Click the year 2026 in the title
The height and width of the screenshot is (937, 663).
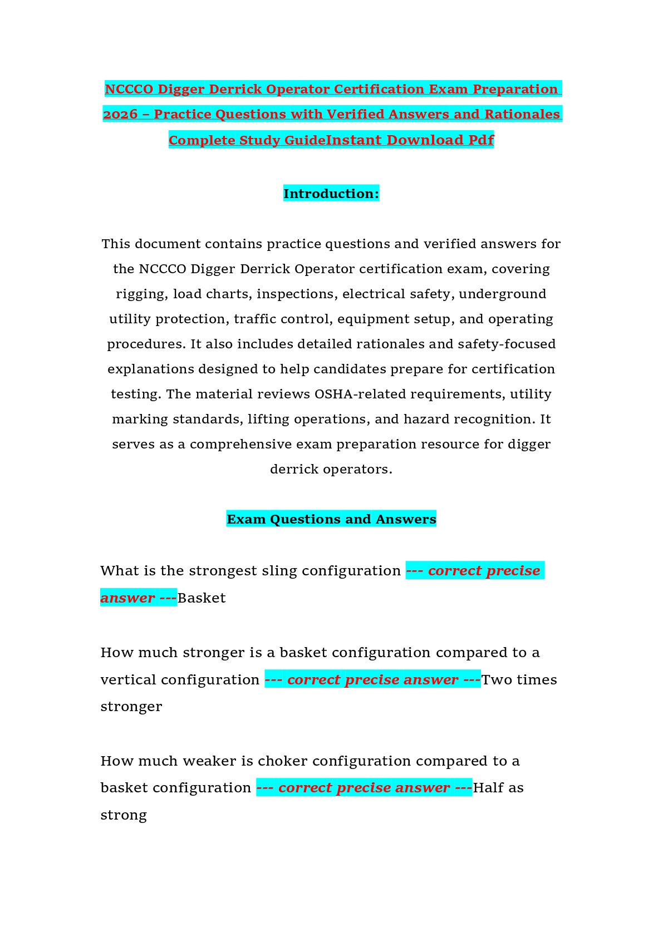[120, 114]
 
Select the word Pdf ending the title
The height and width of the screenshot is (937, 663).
[482, 140]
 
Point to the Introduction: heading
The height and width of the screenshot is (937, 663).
[331, 194]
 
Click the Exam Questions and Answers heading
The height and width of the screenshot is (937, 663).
[331, 519]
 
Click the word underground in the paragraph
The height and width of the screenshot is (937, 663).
[502, 294]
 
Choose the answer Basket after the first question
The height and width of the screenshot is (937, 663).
[202, 598]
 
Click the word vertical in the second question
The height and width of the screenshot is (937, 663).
[129, 680]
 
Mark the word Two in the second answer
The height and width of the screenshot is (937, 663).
[497, 680]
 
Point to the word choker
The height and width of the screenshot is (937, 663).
[283, 761]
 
